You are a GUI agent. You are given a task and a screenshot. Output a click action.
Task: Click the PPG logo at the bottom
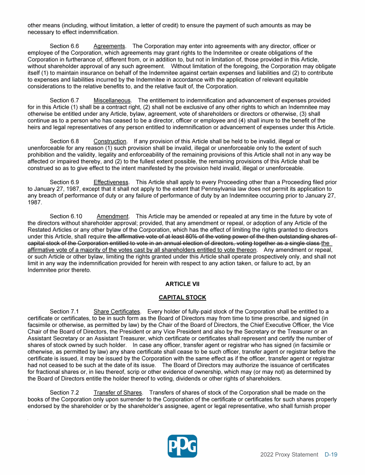182,446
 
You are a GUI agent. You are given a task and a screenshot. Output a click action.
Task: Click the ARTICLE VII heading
182,284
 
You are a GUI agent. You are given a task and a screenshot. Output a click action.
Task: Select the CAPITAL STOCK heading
182,297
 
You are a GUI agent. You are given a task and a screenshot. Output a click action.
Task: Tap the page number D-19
331,455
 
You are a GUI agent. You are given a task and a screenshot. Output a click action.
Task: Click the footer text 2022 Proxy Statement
289,455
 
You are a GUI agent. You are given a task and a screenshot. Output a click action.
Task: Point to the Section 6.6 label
64,46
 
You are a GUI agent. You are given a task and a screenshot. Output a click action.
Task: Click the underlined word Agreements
109,46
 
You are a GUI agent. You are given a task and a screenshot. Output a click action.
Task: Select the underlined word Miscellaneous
112,101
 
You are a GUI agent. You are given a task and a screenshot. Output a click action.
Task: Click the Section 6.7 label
64,101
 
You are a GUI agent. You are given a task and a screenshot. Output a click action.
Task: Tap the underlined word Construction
110,142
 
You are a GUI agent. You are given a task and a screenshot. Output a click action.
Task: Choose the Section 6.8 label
64,142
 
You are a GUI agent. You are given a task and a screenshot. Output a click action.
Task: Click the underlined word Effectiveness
111,182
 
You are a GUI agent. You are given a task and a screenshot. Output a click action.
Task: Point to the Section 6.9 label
64,182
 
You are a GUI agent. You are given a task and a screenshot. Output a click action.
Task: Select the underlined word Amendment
113,217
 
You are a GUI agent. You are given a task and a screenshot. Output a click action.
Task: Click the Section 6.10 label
66,217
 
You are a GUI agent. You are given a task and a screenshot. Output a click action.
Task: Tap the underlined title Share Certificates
117,311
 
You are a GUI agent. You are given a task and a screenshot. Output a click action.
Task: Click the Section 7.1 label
64,311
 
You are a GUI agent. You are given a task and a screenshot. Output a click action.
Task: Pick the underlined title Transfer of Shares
118,393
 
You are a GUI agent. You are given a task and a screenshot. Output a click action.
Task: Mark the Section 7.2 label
64,393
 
